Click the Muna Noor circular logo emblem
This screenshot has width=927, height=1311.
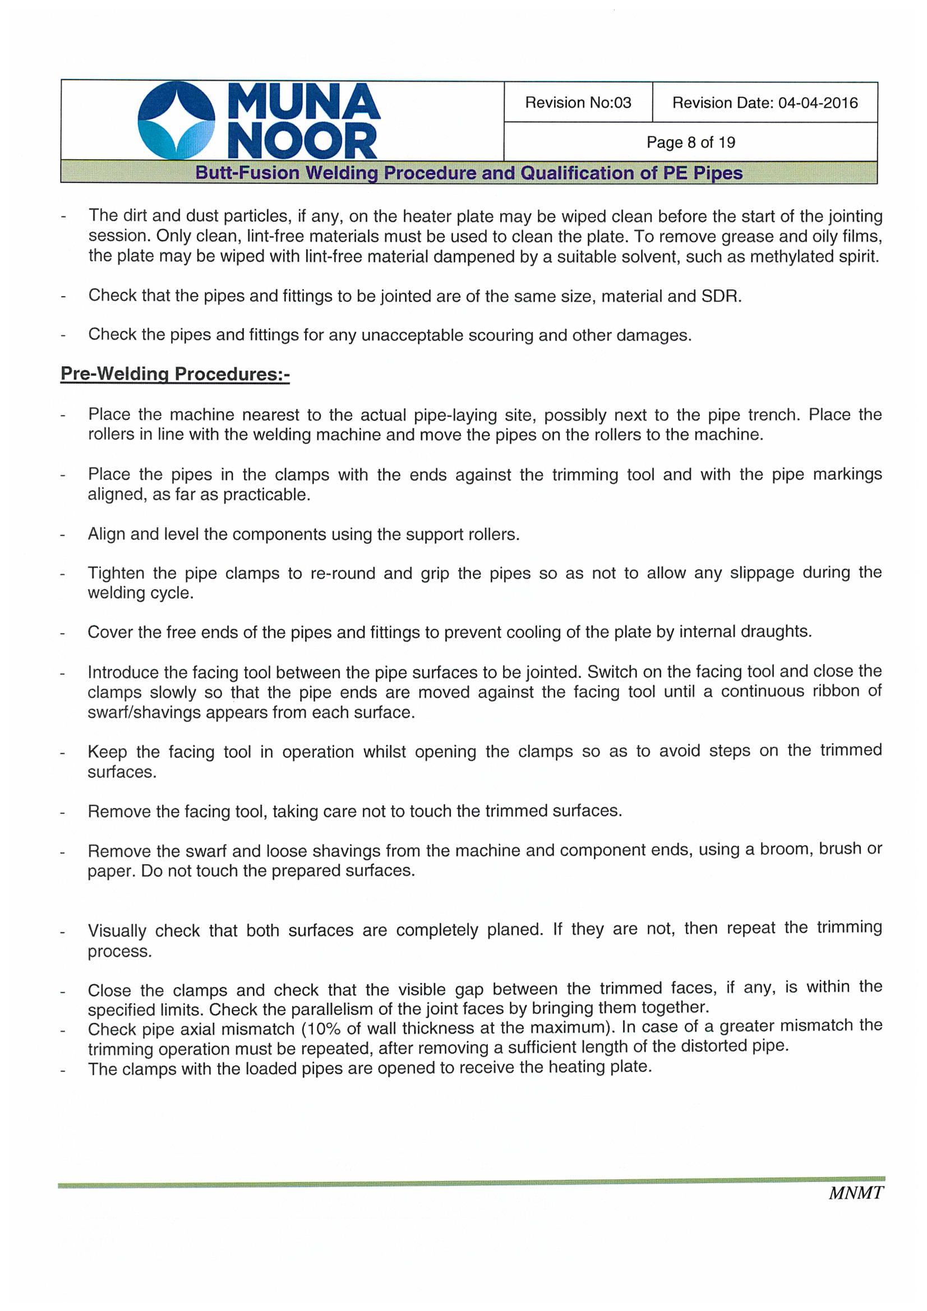[177, 121]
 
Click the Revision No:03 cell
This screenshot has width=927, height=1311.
[578, 103]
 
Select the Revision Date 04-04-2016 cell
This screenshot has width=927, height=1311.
[764, 103]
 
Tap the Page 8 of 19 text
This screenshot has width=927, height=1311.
[690, 142]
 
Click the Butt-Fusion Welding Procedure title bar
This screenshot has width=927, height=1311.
[468, 173]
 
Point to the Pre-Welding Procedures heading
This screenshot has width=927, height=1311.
[175, 374]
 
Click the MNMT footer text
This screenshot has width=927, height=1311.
[855, 1193]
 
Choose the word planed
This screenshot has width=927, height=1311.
[515, 930]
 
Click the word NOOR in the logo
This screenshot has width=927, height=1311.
[302, 140]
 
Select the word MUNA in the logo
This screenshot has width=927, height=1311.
[303, 101]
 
